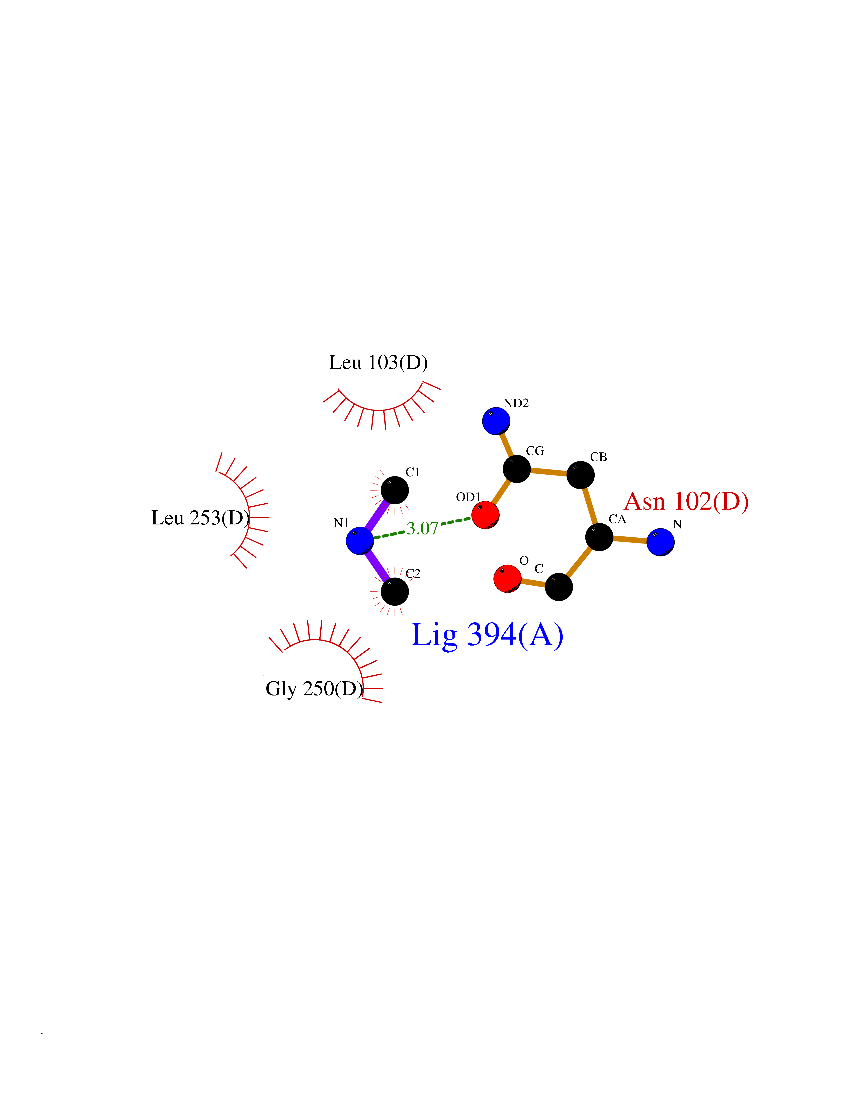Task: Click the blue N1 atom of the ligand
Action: click(360, 540)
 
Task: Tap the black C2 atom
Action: click(395, 591)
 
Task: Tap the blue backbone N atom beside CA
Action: click(661, 542)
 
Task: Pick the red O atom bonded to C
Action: click(507, 578)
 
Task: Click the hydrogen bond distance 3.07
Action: click(422, 528)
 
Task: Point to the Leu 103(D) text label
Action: click(378, 363)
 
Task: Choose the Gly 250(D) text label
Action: click(315, 689)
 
